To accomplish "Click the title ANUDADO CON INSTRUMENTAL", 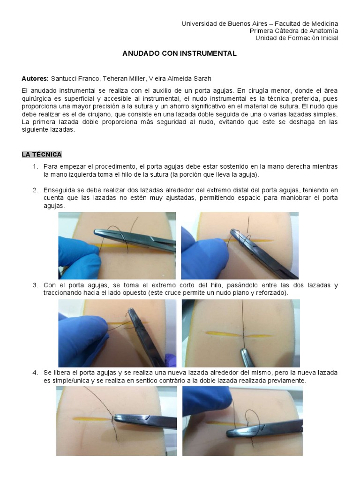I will point(180,53).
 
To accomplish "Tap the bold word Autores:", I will point(35,79).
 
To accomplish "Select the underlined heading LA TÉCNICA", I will point(42,154).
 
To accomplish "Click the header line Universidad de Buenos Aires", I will point(259,23).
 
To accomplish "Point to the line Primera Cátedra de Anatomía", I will point(293,31).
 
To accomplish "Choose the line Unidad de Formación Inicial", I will point(296,38).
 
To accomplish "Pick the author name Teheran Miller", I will point(124,79).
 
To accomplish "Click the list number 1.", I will point(35,167).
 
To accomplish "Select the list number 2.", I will point(35,190).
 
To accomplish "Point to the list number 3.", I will point(35,285).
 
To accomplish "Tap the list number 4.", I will point(35,373).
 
